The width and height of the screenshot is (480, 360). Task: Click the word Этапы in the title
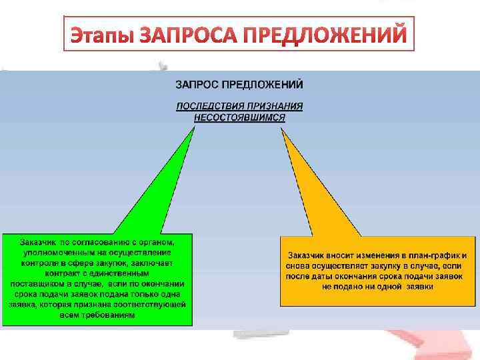coord(101,34)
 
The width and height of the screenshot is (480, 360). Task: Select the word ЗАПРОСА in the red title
coord(187,34)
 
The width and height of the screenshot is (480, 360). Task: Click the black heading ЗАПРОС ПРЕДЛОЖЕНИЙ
coord(239,85)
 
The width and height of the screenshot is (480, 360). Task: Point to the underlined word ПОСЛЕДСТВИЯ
coord(208,106)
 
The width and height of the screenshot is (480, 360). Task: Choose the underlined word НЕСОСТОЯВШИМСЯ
coord(239,117)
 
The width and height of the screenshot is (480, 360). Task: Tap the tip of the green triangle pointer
coord(194,127)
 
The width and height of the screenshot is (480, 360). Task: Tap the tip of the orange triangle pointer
coord(283,129)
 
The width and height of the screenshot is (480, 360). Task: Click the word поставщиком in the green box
coord(36,283)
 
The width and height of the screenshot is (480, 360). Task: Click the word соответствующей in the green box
coord(148,304)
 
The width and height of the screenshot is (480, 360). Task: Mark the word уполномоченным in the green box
coord(57,252)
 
